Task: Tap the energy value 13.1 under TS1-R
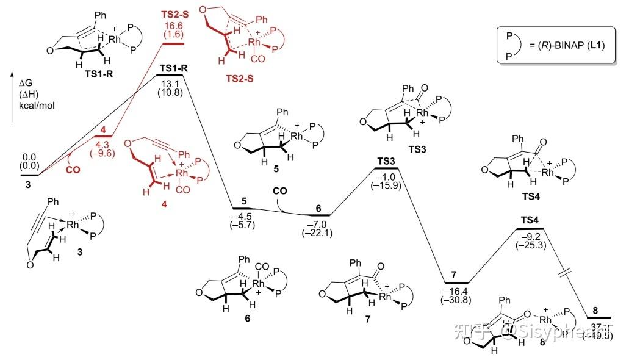coord(173,85)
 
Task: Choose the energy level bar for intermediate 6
coord(318,215)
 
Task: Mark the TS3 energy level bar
coord(385,168)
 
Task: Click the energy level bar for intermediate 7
coord(456,283)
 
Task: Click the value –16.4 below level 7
coord(456,292)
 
